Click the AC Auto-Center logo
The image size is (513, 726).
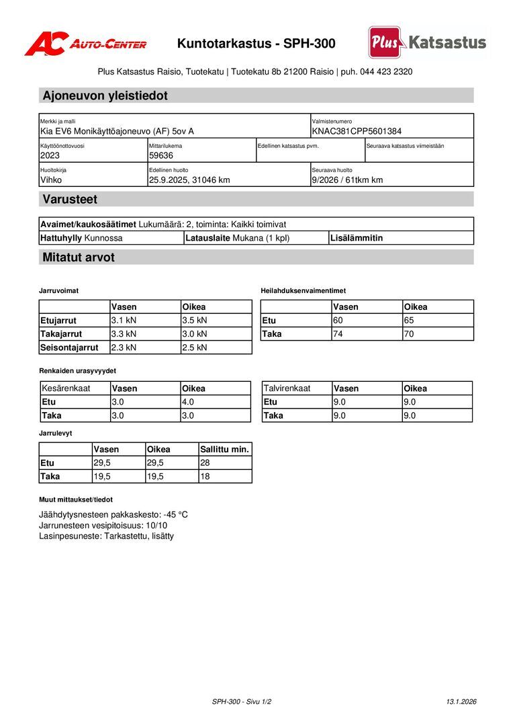coord(85,44)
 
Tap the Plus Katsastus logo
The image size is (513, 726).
coord(427,42)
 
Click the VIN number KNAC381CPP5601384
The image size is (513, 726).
coord(357,131)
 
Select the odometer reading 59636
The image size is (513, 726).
coord(161,155)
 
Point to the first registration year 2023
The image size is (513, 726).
coord(50,155)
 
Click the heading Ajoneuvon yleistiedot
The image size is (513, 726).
coord(105,95)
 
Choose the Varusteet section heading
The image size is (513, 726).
coord(70,199)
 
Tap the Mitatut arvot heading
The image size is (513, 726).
coord(79,257)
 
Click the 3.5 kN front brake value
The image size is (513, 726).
coord(195,320)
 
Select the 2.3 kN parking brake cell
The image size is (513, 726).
coord(124,348)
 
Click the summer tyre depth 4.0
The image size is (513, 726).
coord(188,402)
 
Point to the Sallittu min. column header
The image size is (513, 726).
coord(224,449)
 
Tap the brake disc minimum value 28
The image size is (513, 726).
coord(205,462)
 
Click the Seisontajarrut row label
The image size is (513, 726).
coord(69,348)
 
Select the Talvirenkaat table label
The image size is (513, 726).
coord(287,388)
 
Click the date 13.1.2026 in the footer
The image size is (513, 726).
coord(461,701)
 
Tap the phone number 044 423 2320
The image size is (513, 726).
coord(386,71)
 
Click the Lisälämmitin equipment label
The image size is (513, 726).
coord(357,237)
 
